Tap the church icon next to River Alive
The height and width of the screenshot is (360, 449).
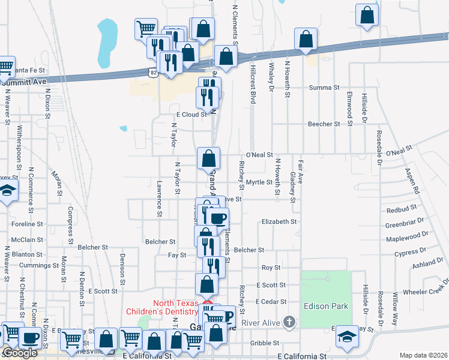coord(289,322)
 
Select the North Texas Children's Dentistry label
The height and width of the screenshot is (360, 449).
coord(162,307)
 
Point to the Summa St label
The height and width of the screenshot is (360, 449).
coord(324,88)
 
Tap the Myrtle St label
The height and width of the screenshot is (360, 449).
coord(260,182)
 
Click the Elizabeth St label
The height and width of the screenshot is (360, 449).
coord(279,221)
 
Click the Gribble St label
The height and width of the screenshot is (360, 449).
coord(262,343)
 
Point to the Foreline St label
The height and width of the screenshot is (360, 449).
coord(28,224)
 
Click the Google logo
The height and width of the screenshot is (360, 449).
coord(20,353)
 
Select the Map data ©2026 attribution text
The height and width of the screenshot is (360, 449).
coord(424,355)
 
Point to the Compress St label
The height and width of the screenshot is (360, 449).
coord(70,221)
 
